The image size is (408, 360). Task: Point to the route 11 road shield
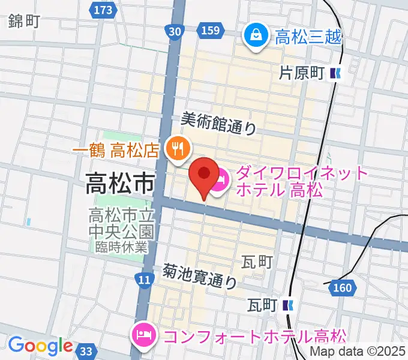[x=143, y=280]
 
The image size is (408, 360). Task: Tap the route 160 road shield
[x=341, y=289]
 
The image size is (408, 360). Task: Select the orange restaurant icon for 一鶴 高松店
[x=178, y=146]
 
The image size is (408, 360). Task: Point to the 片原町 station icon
[x=335, y=74]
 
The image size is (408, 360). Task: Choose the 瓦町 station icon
[x=289, y=305]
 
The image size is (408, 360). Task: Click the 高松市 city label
[x=119, y=183]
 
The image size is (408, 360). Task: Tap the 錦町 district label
[x=24, y=22]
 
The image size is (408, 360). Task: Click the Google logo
[x=40, y=346]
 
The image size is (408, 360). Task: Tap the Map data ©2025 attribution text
[x=358, y=352]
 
